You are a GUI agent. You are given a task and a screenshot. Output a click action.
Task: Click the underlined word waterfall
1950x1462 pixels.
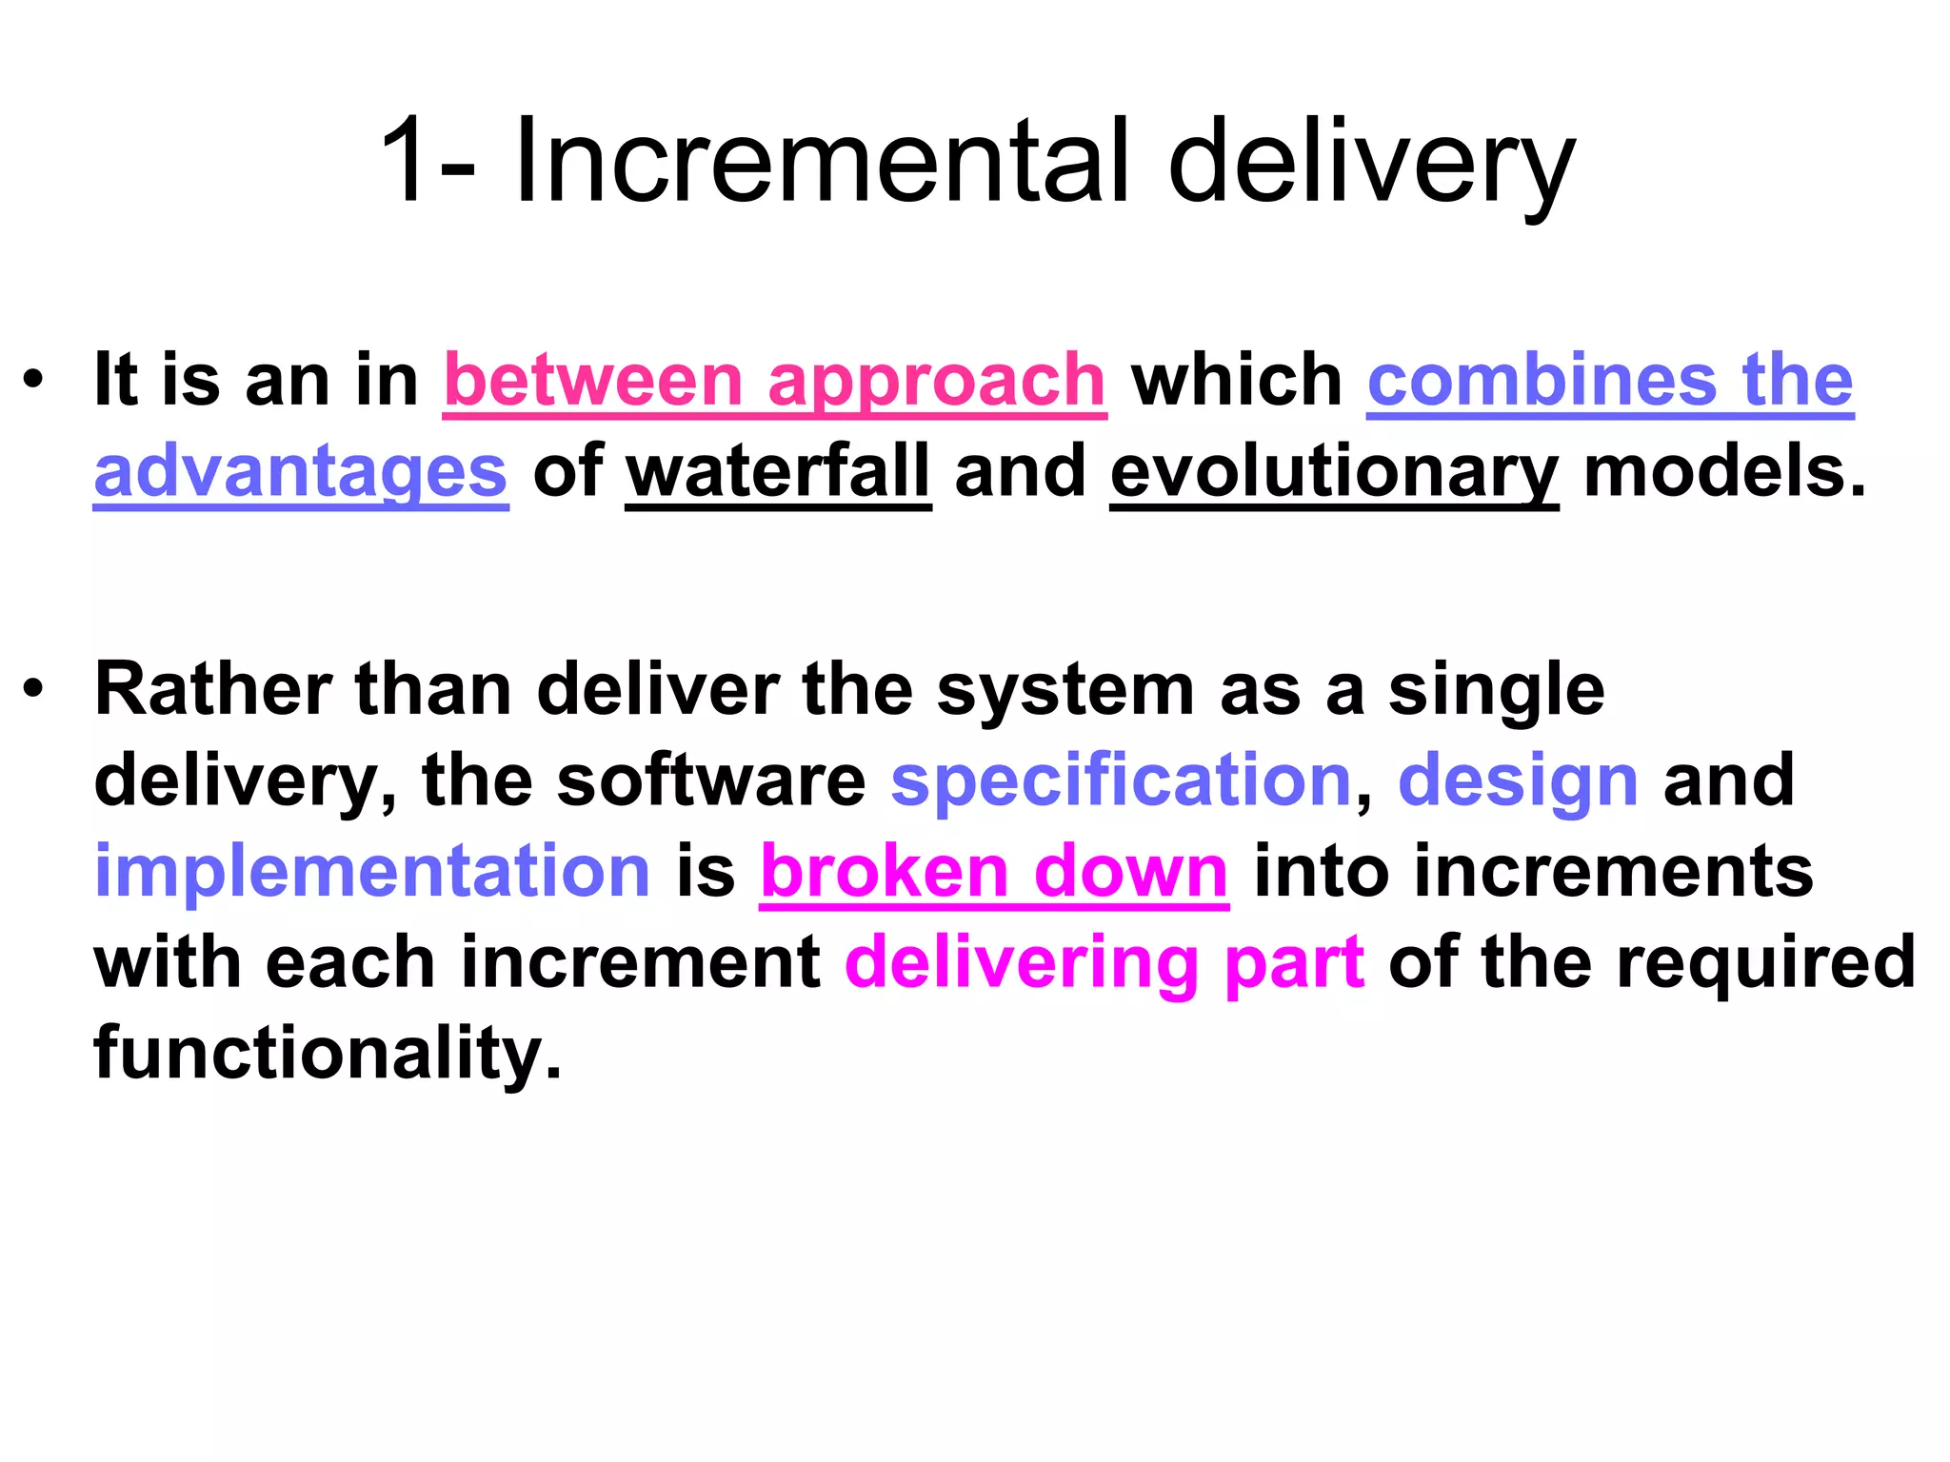(778, 471)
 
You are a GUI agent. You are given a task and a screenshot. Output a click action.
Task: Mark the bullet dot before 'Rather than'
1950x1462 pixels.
(34, 689)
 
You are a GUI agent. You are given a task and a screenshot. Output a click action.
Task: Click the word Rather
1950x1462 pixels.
(213, 689)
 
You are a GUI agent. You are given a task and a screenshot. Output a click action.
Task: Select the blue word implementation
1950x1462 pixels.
(372, 872)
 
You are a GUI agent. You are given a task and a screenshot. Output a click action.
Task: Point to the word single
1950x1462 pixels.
(1496, 691)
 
